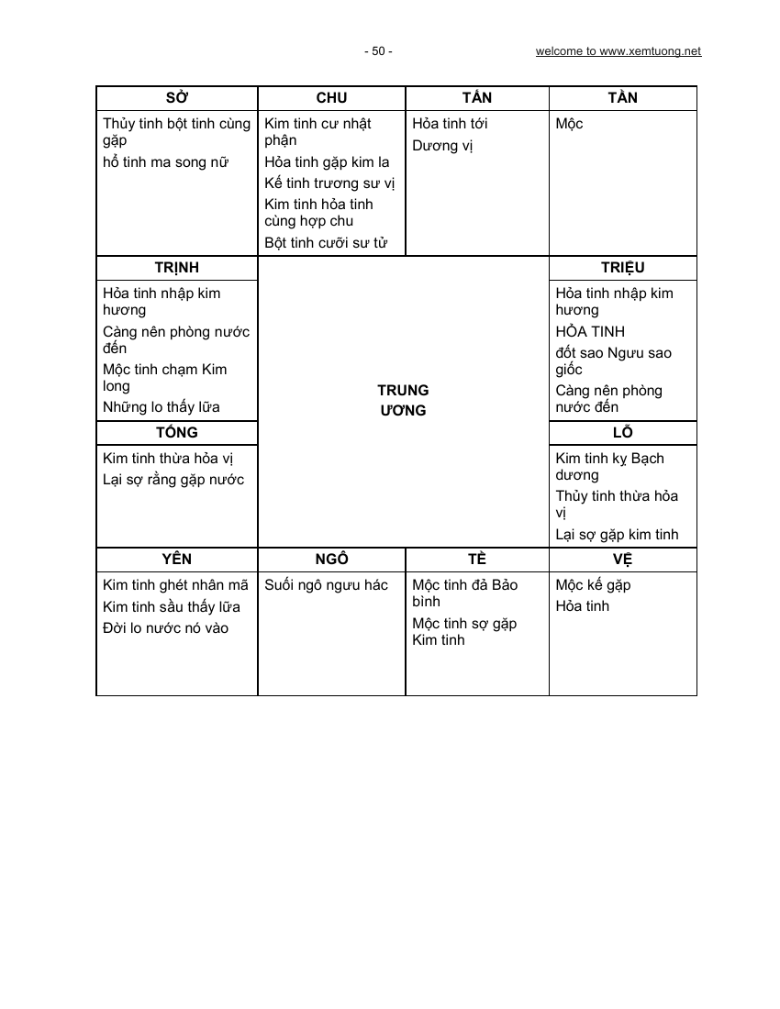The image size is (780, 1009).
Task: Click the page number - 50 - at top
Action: (x=378, y=51)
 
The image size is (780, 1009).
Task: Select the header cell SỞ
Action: (x=176, y=98)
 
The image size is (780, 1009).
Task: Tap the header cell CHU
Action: (x=331, y=98)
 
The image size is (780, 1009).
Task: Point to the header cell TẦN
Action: (x=622, y=98)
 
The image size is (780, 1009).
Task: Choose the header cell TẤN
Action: (x=477, y=98)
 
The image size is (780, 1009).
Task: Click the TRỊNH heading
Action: (x=176, y=268)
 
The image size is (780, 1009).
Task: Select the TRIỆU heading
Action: (x=622, y=268)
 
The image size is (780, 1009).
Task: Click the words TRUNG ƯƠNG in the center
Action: (x=404, y=401)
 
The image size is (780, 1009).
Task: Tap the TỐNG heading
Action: (x=176, y=432)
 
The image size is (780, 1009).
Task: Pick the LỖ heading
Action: (x=622, y=432)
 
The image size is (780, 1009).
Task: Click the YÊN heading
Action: (x=176, y=559)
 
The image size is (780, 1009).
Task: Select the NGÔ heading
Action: (x=331, y=559)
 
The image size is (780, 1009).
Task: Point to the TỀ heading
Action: (x=477, y=559)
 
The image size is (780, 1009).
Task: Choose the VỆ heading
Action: (x=622, y=559)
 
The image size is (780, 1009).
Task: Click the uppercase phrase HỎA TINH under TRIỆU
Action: (x=590, y=332)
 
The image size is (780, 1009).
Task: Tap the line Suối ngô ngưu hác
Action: (x=326, y=585)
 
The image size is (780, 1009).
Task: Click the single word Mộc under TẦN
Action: (x=569, y=124)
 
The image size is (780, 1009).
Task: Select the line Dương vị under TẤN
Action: (x=442, y=146)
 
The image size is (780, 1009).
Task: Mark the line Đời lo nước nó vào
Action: (x=165, y=628)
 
